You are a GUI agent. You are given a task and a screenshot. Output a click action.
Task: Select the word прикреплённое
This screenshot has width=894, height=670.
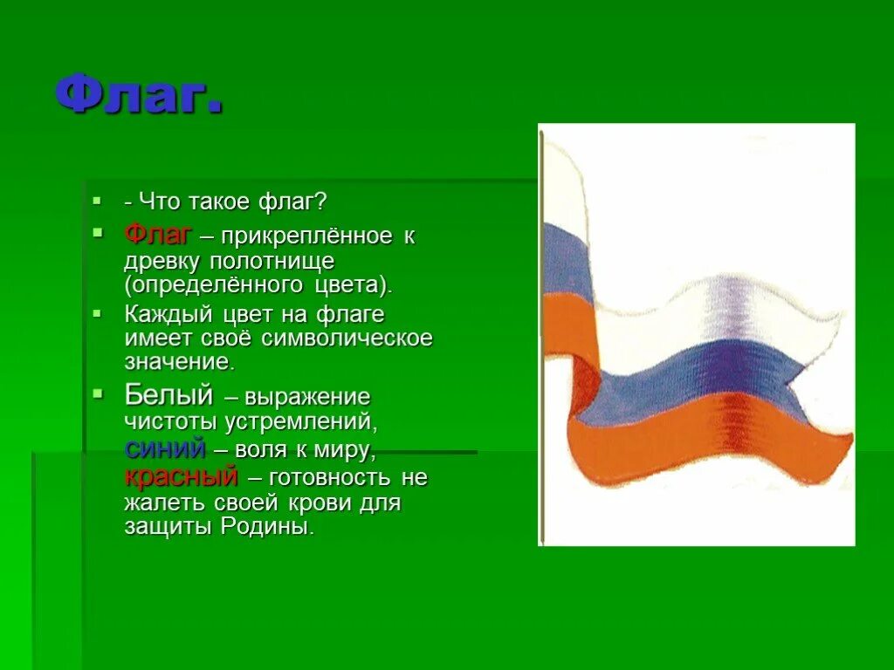(x=306, y=236)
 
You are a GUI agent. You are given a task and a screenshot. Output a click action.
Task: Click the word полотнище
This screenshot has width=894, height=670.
(x=272, y=261)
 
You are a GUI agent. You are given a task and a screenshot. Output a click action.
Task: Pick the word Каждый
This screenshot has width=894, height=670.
(x=168, y=314)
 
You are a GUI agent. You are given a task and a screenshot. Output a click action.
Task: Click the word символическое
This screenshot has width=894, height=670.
(x=347, y=338)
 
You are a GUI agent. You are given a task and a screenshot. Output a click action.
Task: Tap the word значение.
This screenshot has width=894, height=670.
(x=180, y=362)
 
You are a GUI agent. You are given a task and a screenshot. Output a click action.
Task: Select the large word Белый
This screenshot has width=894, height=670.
(x=168, y=394)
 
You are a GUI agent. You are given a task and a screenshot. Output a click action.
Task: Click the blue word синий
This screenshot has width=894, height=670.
(x=165, y=449)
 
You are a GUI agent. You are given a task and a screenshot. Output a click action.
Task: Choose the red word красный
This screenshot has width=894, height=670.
(x=181, y=476)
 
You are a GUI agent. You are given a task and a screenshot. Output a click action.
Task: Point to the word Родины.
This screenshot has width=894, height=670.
(x=267, y=526)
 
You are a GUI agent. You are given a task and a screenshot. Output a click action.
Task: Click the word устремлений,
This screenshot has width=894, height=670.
(x=301, y=423)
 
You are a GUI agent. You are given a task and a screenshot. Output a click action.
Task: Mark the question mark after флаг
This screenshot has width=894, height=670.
(x=321, y=202)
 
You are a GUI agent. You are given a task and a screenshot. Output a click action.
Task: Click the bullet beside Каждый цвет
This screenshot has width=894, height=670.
(x=98, y=313)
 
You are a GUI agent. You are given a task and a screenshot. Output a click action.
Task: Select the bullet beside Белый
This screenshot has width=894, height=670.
(x=99, y=393)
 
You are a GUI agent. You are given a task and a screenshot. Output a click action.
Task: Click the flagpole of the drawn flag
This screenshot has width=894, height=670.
(x=542, y=336)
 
